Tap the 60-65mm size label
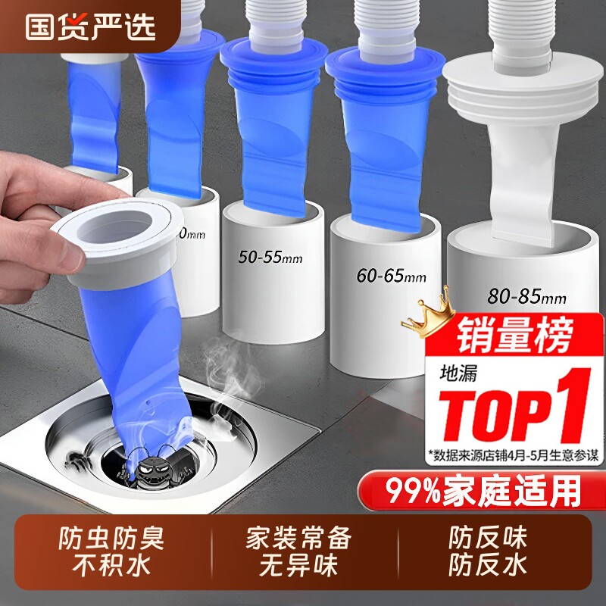(392, 276)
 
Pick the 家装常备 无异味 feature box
(299, 551)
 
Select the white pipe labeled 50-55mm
(269, 288)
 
